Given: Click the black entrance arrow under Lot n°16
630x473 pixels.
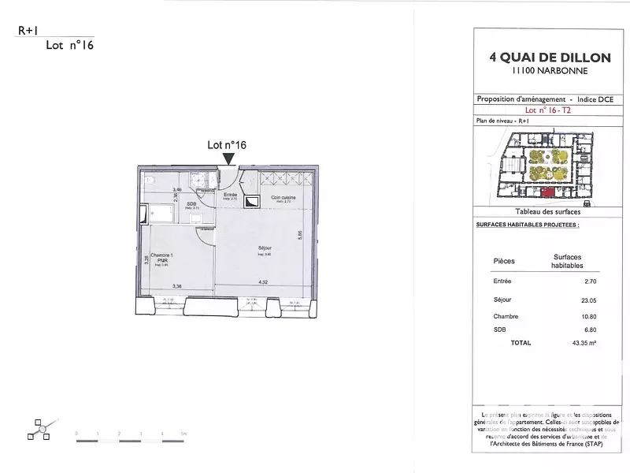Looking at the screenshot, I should pyautogui.click(x=228, y=159).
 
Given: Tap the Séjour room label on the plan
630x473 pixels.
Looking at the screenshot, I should pyautogui.click(x=265, y=249).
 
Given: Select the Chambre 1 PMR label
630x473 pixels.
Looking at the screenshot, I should pyautogui.click(x=161, y=256).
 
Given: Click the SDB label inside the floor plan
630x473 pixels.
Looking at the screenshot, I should pyautogui.click(x=191, y=203).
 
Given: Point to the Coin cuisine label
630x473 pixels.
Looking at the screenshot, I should pyautogui.click(x=282, y=197).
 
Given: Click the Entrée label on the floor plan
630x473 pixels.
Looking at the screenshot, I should pyautogui.click(x=231, y=195).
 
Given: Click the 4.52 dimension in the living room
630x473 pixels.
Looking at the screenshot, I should pyautogui.click(x=265, y=282).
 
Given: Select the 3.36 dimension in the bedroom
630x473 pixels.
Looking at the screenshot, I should pyautogui.click(x=178, y=286).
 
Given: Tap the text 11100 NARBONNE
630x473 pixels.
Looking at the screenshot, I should pyautogui.click(x=550, y=71).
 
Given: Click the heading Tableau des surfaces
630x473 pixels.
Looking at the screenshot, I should pyautogui.click(x=548, y=212).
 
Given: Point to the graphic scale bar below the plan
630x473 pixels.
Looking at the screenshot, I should pyautogui.click(x=130, y=440).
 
